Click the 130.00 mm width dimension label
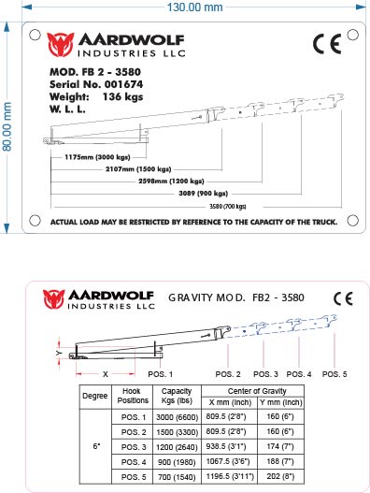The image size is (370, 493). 194,7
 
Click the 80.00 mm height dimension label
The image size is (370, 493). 8,127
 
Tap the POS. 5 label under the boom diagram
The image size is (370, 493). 334,373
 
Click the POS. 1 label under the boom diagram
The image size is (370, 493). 161,373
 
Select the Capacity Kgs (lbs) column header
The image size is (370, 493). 177,395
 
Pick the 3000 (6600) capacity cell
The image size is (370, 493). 177,416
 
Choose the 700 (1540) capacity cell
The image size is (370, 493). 177,477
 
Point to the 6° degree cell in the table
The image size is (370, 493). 95,447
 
